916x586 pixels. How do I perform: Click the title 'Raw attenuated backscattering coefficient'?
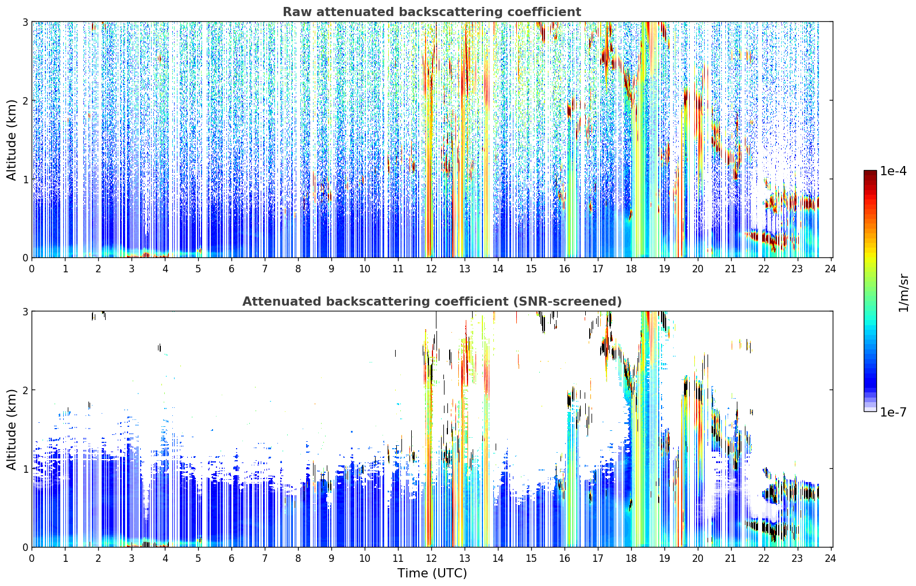point(432,12)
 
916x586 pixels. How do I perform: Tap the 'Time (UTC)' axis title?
point(432,573)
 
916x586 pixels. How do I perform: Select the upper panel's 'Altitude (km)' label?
point(11,140)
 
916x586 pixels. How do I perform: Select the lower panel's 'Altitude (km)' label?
point(11,429)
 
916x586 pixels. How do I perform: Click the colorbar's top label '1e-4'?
point(893,171)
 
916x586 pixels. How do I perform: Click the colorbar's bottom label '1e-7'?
point(893,412)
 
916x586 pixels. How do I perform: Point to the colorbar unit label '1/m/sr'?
point(904,293)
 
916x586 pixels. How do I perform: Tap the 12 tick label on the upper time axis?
point(431,269)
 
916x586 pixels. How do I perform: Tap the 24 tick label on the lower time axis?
point(830,558)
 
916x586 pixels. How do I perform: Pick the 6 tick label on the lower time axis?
point(231,558)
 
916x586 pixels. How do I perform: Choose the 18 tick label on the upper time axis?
point(631,269)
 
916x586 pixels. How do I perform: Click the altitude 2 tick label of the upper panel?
point(25,101)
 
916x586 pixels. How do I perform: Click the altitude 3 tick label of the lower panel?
point(25,312)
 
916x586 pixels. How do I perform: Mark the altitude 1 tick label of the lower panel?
point(25,469)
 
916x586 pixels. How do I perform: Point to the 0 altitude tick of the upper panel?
point(25,258)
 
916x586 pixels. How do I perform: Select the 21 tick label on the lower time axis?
point(731,558)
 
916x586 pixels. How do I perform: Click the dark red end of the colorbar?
point(870,173)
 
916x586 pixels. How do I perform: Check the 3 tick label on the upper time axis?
point(132,269)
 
